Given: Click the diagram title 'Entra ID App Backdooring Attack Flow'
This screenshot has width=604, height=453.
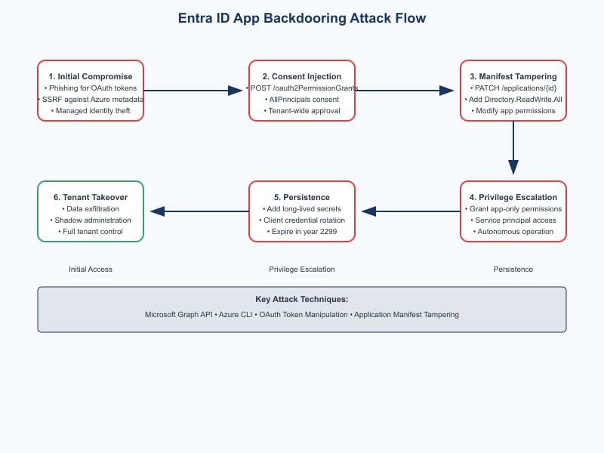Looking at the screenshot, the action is (302, 18).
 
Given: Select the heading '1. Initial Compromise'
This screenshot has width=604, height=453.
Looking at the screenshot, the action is (91, 76).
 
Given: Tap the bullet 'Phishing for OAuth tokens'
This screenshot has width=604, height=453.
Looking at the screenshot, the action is (91, 88).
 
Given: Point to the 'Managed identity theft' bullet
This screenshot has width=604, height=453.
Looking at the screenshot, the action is (91, 110).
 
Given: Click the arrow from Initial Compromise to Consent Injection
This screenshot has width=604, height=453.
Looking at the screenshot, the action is (193, 91).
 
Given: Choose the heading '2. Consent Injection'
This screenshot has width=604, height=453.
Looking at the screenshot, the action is (302, 76).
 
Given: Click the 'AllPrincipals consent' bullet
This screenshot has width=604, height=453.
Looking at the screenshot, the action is (302, 100).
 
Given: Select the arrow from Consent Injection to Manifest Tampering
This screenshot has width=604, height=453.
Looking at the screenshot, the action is (405, 91).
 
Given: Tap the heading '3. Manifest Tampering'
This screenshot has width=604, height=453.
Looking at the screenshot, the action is (513, 76).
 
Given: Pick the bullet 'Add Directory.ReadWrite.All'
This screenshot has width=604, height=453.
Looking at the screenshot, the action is (513, 100).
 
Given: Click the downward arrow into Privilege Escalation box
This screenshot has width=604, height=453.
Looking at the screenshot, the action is (513, 148).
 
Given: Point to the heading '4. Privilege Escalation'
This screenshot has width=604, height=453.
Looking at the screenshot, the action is (513, 197).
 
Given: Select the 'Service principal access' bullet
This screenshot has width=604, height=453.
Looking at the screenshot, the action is (513, 220).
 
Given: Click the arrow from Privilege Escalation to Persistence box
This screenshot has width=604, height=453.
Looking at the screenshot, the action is (411, 211).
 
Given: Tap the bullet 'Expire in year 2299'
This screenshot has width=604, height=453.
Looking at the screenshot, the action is (302, 232).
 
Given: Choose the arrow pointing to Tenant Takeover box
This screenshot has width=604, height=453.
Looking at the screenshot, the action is (199, 211).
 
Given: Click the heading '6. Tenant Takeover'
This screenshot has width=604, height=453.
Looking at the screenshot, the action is (91, 197).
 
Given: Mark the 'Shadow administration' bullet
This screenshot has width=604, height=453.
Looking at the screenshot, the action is (91, 220).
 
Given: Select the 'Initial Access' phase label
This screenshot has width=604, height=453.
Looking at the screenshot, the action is (91, 270).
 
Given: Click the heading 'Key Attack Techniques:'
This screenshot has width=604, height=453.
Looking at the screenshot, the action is (302, 299).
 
